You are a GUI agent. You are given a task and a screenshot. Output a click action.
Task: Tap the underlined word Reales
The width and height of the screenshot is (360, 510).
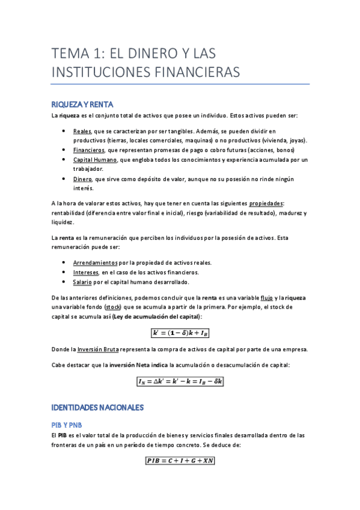click(x=82, y=131)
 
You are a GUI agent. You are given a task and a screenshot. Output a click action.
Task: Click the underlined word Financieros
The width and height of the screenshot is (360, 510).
click(x=89, y=150)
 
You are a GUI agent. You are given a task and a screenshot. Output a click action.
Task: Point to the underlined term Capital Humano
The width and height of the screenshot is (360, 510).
click(x=95, y=159)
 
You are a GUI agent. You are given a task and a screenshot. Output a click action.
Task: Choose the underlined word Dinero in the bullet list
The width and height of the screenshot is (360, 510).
click(x=82, y=179)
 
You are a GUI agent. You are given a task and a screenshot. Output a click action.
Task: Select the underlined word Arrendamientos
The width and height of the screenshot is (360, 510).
click(x=96, y=263)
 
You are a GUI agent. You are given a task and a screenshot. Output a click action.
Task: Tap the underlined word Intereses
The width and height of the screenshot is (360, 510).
click(x=86, y=272)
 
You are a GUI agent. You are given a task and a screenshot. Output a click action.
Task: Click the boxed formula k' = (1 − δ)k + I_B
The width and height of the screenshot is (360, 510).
click(x=180, y=333)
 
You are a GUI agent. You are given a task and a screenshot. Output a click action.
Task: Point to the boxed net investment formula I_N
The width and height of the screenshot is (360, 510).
click(x=180, y=381)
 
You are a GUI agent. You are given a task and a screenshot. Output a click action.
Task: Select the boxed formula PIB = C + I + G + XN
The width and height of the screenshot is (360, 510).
click(x=180, y=461)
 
